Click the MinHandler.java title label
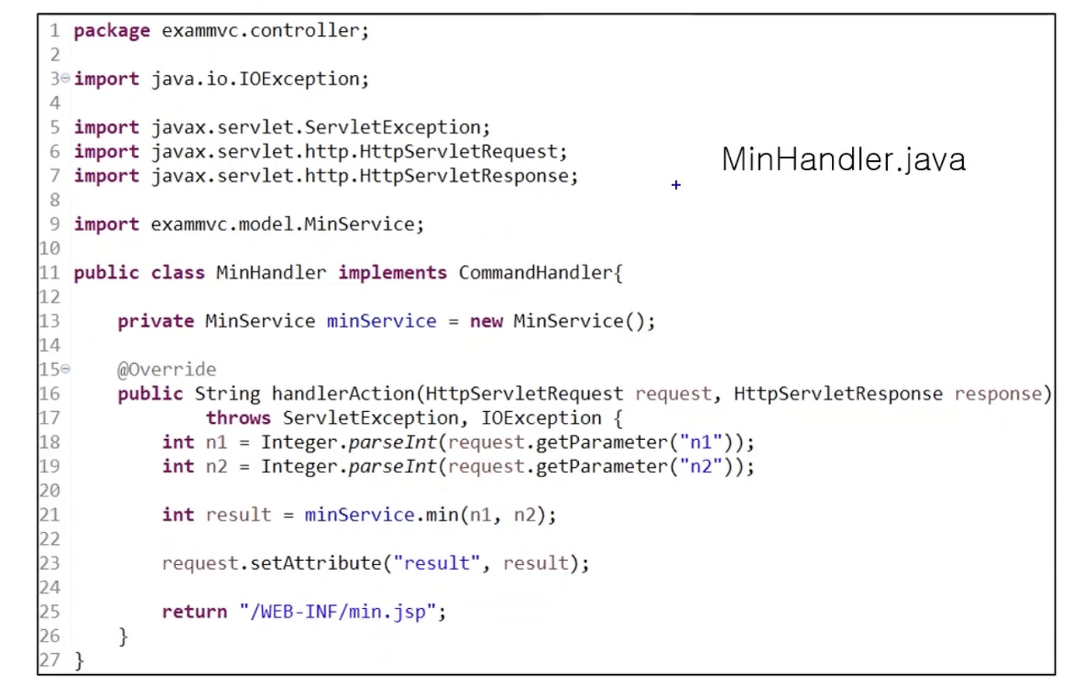click(x=843, y=159)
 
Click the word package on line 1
click(x=112, y=31)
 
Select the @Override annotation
click(x=166, y=370)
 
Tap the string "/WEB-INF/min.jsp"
click(x=337, y=612)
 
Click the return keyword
click(x=194, y=612)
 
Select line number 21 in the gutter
click(x=49, y=515)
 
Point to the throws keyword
click(x=239, y=418)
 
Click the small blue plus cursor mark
click(x=676, y=185)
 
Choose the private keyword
click(x=156, y=321)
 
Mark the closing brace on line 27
click(x=79, y=661)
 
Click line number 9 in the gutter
click(x=54, y=224)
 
